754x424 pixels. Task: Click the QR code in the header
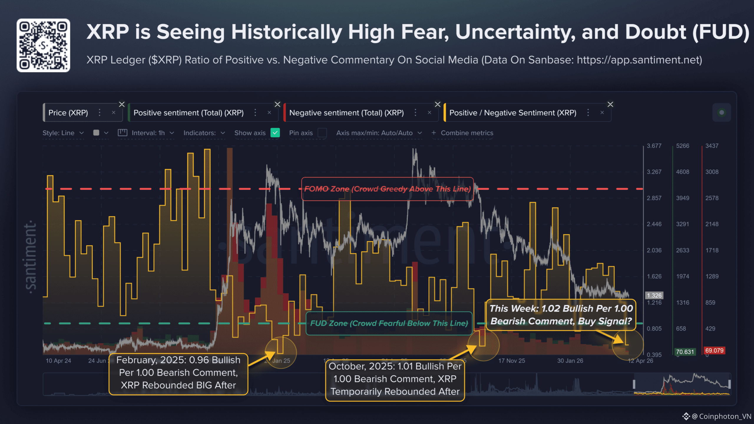[x=43, y=45]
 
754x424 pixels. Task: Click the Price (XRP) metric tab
[x=68, y=113]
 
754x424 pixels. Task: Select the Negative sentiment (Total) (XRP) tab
[x=346, y=113]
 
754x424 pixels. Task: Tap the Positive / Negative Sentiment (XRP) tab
[x=512, y=113]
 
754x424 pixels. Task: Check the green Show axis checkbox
[x=275, y=133]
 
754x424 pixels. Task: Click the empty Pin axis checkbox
[x=322, y=133]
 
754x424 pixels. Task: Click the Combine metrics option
[x=467, y=133]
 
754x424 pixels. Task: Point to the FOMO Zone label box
[x=387, y=189]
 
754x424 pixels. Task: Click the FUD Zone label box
[x=389, y=323]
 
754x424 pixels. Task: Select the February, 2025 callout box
[x=178, y=373]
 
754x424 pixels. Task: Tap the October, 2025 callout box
[x=395, y=379]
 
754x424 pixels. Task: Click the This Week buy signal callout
[x=561, y=315]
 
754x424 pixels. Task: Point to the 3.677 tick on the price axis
[x=654, y=146]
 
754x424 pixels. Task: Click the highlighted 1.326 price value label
[x=654, y=295]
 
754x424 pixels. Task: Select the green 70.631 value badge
[x=685, y=352]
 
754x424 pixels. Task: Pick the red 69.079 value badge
[x=714, y=351]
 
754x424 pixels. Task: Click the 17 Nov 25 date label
[x=512, y=361]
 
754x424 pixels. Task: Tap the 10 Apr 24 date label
[x=58, y=361]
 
